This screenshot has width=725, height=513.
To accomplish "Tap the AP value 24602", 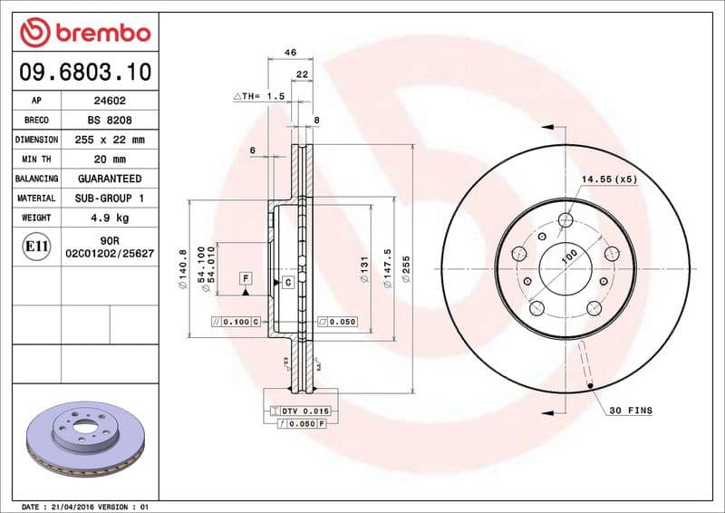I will [111, 102].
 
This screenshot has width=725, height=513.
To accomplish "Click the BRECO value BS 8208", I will [111, 121].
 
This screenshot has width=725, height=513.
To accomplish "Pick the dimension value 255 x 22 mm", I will [111, 140].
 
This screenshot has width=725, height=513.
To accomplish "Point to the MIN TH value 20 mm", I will [111, 160].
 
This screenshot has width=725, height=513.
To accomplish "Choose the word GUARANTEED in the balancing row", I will [111, 179].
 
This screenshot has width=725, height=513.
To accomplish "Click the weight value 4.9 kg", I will [111, 218].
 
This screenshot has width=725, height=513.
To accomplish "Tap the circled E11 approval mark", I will [37, 246].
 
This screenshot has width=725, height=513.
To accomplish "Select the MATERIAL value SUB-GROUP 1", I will [111, 198].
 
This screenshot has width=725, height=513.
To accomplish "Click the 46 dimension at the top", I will [290, 53].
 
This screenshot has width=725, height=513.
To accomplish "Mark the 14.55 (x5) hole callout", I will [609, 179].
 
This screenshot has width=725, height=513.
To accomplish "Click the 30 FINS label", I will [631, 411].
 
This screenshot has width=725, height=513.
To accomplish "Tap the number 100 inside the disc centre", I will [569, 257].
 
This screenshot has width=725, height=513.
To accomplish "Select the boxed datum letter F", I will [245, 276].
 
